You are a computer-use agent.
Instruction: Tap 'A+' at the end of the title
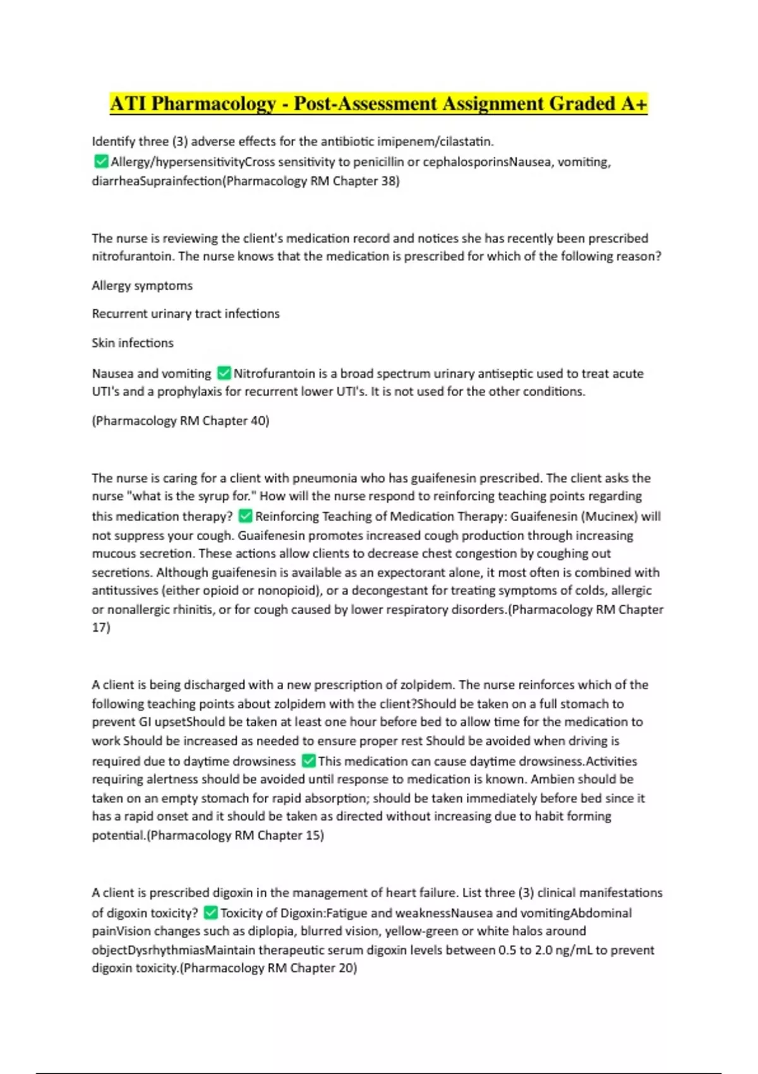tap(634, 104)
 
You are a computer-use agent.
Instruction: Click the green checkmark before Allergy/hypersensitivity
tap(100, 162)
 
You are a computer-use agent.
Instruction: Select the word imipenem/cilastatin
tap(430, 142)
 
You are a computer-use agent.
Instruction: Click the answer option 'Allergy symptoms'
tap(142, 286)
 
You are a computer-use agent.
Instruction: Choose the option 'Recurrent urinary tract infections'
tap(186, 314)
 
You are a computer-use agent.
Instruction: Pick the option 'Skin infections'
tap(133, 343)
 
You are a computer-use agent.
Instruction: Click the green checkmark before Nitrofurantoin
tap(224, 373)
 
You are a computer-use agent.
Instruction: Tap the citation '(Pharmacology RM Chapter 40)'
tap(181, 421)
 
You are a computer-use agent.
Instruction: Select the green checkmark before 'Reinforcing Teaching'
tap(245, 516)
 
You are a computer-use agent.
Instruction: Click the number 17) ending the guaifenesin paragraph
tap(101, 627)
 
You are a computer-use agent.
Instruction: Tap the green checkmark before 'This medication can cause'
tap(308, 761)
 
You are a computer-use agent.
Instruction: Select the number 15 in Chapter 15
tap(313, 835)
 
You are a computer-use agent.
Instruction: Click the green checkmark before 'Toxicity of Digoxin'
tap(211, 913)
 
